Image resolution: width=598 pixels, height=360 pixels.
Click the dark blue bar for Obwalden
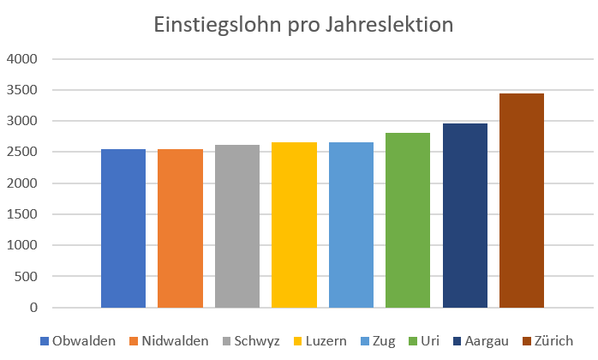click(x=123, y=228)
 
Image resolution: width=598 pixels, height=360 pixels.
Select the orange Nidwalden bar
click(x=180, y=228)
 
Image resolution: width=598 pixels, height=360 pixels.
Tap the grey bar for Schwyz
click(x=237, y=225)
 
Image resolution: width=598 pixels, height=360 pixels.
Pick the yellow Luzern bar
click(x=294, y=225)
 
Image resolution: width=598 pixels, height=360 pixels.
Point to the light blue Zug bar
click(x=351, y=225)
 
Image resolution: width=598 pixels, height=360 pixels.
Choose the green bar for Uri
click(x=408, y=219)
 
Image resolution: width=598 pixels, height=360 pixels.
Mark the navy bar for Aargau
click(x=465, y=215)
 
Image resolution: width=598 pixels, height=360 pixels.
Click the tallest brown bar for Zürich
click(x=522, y=200)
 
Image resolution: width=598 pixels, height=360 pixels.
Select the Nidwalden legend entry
click(x=170, y=341)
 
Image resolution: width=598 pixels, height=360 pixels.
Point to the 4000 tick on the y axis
click(x=23, y=59)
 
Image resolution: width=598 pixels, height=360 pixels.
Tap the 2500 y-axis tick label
click(x=23, y=153)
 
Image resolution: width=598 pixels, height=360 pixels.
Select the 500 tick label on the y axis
click(x=27, y=276)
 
